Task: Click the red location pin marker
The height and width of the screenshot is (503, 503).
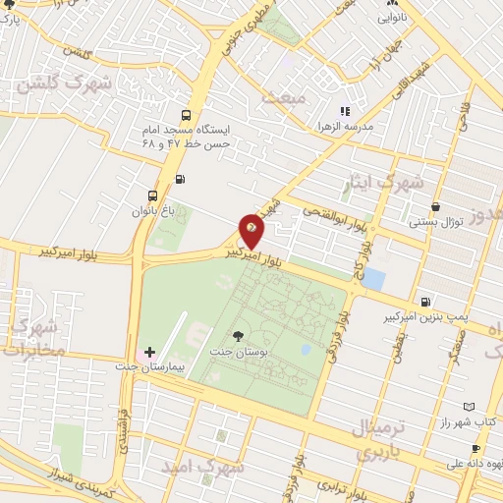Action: [251, 232]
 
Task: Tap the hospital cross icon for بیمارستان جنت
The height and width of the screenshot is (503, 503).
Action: [149, 351]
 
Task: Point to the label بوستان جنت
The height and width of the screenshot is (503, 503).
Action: [234, 351]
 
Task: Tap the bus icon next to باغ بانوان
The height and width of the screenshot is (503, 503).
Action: [151, 195]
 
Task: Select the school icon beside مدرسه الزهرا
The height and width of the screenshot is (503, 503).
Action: [345, 111]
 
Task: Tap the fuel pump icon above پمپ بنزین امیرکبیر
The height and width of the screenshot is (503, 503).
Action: [423, 302]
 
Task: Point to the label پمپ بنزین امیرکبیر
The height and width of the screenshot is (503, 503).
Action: [423, 318]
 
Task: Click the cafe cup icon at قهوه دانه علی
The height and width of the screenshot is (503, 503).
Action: [475, 449]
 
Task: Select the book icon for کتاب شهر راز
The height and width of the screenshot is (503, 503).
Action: [469, 406]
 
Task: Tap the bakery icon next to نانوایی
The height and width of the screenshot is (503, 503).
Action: [384, 17]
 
